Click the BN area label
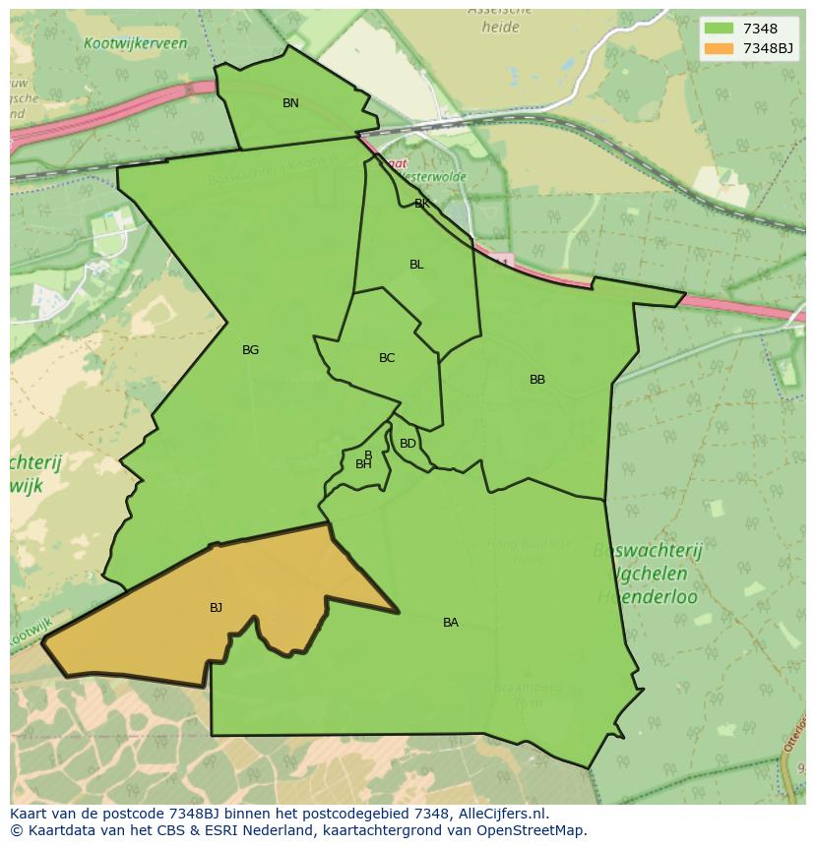tap(290, 103)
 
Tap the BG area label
tap(250, 350)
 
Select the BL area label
tap(416, 265)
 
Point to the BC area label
tap(387, 358)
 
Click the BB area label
tap(537, 380)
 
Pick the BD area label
tap(407, 444)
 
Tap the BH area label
tap(363, 464)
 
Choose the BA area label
tap(451, 623)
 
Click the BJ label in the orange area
tap(216, 608)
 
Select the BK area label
tap(422, 204)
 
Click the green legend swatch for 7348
tap(720, 30)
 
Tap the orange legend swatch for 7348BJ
tap(720, 48)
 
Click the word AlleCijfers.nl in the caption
tap(496, 814)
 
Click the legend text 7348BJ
tap(769, 48)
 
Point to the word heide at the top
tap(500, 28)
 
